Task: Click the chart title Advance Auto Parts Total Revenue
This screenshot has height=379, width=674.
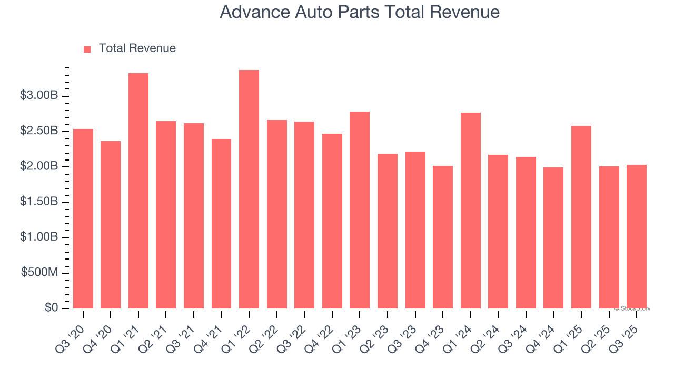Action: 359,12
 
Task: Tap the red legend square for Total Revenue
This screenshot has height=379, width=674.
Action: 87,49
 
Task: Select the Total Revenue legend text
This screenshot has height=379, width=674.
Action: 137,48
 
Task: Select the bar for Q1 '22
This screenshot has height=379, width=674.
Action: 249,189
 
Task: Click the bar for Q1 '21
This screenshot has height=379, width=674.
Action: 138,191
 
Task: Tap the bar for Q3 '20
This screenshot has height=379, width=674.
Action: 83,218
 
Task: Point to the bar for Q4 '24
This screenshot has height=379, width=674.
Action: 553,238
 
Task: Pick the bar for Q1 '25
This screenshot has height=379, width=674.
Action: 581,217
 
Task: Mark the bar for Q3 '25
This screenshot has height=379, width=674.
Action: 637,236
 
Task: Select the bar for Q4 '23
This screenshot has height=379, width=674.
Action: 443,237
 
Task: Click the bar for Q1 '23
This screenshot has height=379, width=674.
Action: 360,210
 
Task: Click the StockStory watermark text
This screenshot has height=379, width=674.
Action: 632,308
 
